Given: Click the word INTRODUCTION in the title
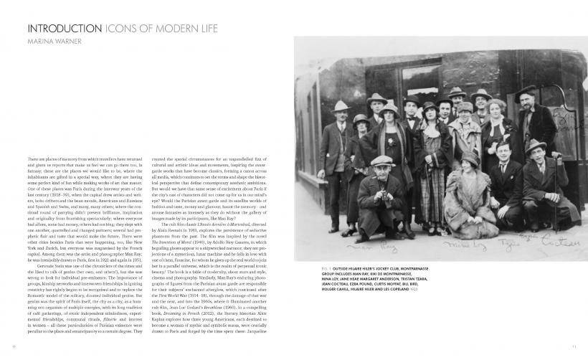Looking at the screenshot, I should pyautogui.click(x=57, y=29).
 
